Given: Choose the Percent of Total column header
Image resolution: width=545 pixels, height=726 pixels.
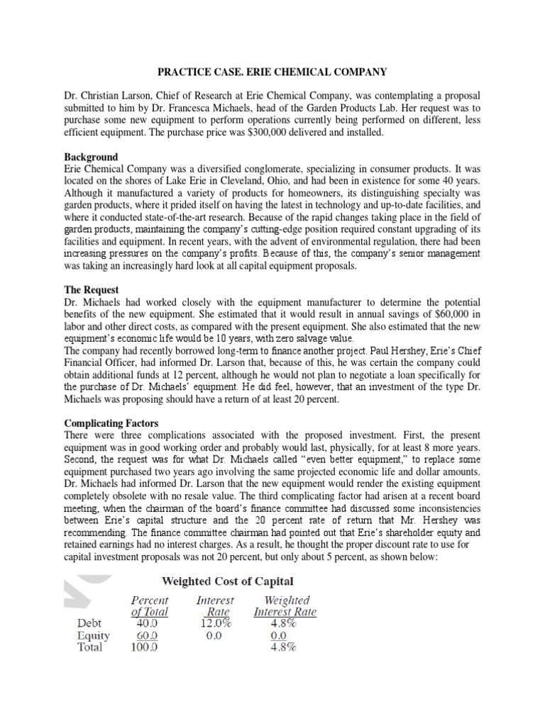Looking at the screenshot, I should click(150, 606).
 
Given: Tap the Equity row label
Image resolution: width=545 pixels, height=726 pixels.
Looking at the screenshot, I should click(93, 635).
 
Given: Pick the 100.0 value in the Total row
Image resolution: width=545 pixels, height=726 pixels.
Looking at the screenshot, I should click(145, 647).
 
